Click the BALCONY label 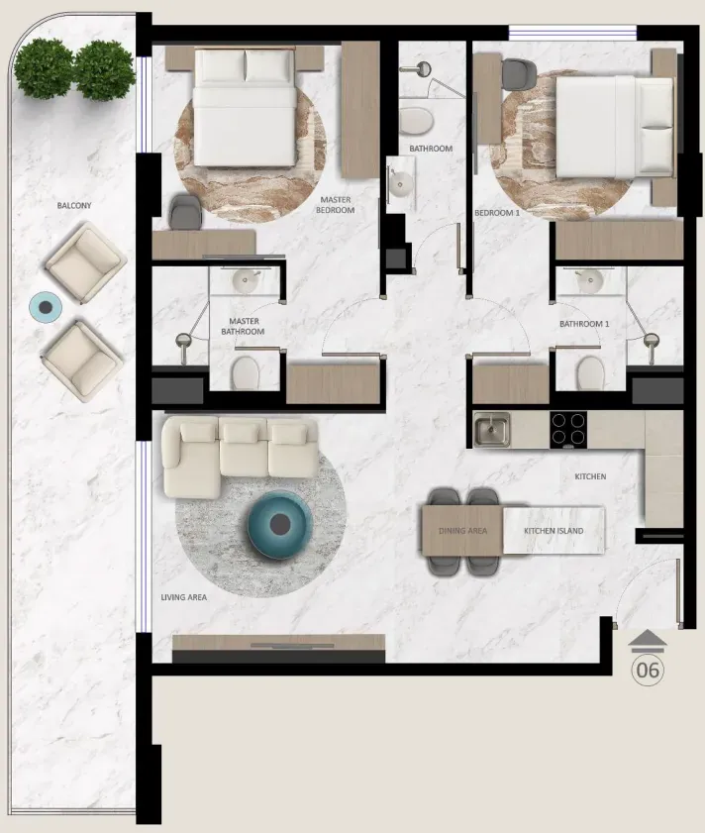(x=74, y=206)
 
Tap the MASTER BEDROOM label (x=336, y=204)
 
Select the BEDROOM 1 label (x=497, y=213)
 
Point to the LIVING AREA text (x=184, y=597)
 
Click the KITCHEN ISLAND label (x=554, y=531)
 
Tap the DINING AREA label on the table (x=462, y=531)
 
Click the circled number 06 (x=648, y=670)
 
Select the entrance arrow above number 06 (x=648, y=641)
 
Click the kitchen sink (x=491, y=429)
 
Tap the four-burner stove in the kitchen (x=568, y=429)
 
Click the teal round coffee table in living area (x=280, y=525)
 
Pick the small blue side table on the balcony (x=46, y=308)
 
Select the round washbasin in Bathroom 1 (x=588, y=280)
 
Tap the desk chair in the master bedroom (x=185, y=212)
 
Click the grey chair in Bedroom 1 (x=519, y=74)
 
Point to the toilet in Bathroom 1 (x=591, y=372)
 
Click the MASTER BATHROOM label (x=243, y=326)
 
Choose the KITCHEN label (x=590, y=476)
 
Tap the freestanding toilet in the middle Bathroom (x=416, y=121)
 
